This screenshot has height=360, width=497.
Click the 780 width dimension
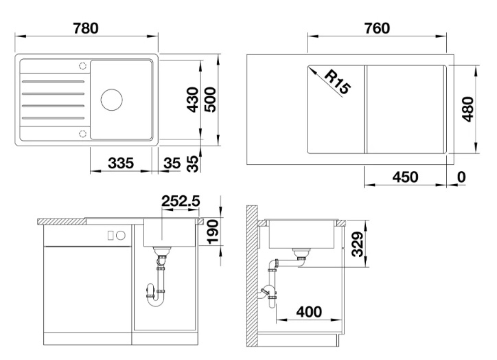tap(86, 28)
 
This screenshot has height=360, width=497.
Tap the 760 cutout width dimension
tap(377, 28)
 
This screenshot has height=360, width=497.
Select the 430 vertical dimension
tap(193, 100)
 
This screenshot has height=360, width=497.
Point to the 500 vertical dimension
tap(210, 100)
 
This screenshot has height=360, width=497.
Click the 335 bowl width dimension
tap(121, 164)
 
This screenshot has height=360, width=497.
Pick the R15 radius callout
tap(338, 82)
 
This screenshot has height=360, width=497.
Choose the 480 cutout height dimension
tap(468, 109)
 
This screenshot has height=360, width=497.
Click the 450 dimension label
tap(405, 177)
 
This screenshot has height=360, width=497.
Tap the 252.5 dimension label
tap(181, 201)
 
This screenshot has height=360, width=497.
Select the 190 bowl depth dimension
tap(213, 232)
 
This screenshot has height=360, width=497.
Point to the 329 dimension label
tap(358, 244)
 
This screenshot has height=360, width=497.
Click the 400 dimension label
tap(309, 312)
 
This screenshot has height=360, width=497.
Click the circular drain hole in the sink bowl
tap(112, 100)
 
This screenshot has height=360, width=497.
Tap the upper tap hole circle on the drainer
tap(82, 66)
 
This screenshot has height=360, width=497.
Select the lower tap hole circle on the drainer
tap(82, 133)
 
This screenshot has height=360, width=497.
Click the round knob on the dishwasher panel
tap(121, 236)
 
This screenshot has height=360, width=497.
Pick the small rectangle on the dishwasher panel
tap(111, 236)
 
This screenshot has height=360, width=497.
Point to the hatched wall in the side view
tap(252, 276)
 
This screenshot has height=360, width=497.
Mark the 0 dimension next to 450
tap(461, 177)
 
